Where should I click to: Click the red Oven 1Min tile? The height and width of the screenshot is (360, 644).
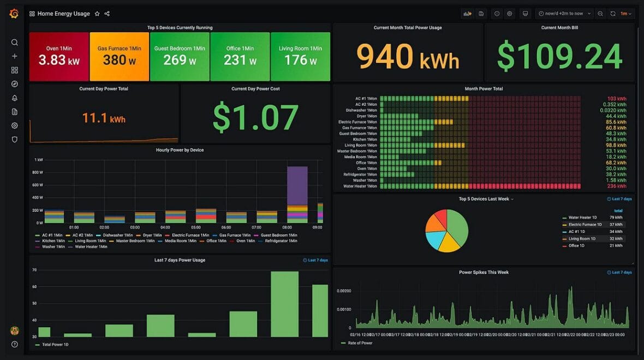(59, 56)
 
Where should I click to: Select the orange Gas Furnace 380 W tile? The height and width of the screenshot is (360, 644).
(119, 56)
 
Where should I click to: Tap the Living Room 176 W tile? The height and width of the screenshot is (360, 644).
(300, 56)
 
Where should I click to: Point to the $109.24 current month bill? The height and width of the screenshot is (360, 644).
(559, 56)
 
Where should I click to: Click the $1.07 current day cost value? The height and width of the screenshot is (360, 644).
(255, 118)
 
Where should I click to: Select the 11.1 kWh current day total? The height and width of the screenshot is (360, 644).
(104, 118)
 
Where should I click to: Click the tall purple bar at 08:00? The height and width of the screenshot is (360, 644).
(297, 185)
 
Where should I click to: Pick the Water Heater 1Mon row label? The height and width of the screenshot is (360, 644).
(360, 187)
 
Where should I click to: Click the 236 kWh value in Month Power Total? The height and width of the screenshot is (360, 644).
(617, 187)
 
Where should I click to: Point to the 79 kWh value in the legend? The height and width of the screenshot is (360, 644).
(616, 218)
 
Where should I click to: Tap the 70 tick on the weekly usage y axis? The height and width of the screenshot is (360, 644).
(34, 270)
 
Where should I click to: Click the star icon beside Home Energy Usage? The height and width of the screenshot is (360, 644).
(97, 14)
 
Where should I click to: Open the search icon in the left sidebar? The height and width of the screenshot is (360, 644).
(15, 43)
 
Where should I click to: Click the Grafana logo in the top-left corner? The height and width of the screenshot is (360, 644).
(14, 14)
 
